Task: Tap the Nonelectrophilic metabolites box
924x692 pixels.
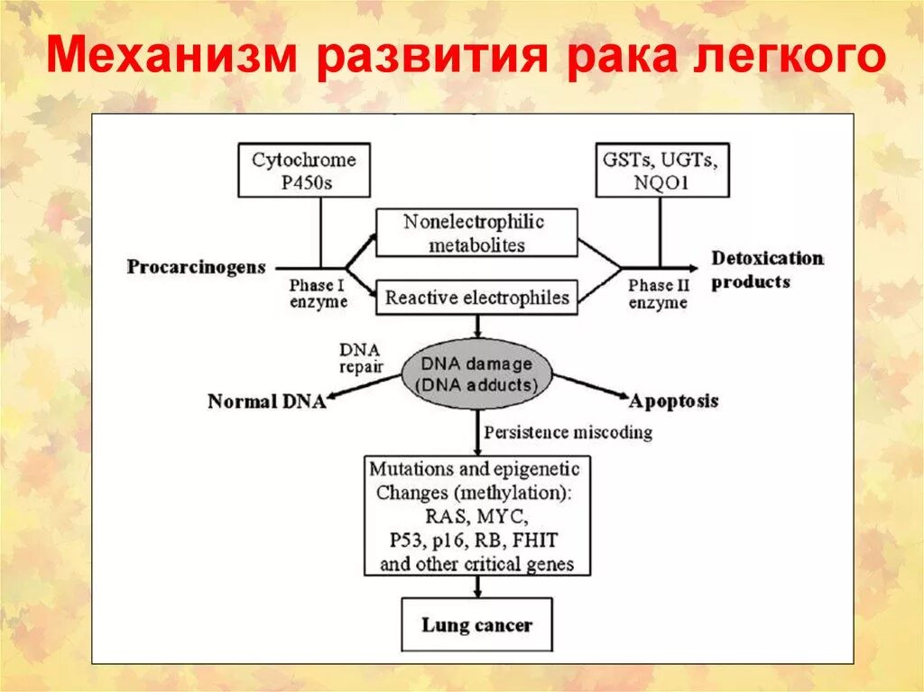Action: [x=475, y=233]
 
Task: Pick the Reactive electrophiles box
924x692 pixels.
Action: [x=476, y=297]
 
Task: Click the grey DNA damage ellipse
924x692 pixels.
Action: [x=476, y=374]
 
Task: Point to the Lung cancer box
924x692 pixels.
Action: [x=476, y=624]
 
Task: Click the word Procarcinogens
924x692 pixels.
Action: [x=196, y=267]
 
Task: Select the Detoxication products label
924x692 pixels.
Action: [x=767, y=270]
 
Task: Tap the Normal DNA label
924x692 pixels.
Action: [x=266, y=401]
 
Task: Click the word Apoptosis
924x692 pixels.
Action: [x=674, y=401]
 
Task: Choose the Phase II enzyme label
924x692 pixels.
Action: [x=658, y=293]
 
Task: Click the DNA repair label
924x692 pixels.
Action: [x=361, y=358]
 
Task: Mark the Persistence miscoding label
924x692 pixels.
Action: [x=568, y=432]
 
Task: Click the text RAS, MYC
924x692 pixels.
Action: [x=476, y=517]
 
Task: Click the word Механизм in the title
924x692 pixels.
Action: [x=172, y=56]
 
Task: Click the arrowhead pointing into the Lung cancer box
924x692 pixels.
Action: [x=476, y=591]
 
